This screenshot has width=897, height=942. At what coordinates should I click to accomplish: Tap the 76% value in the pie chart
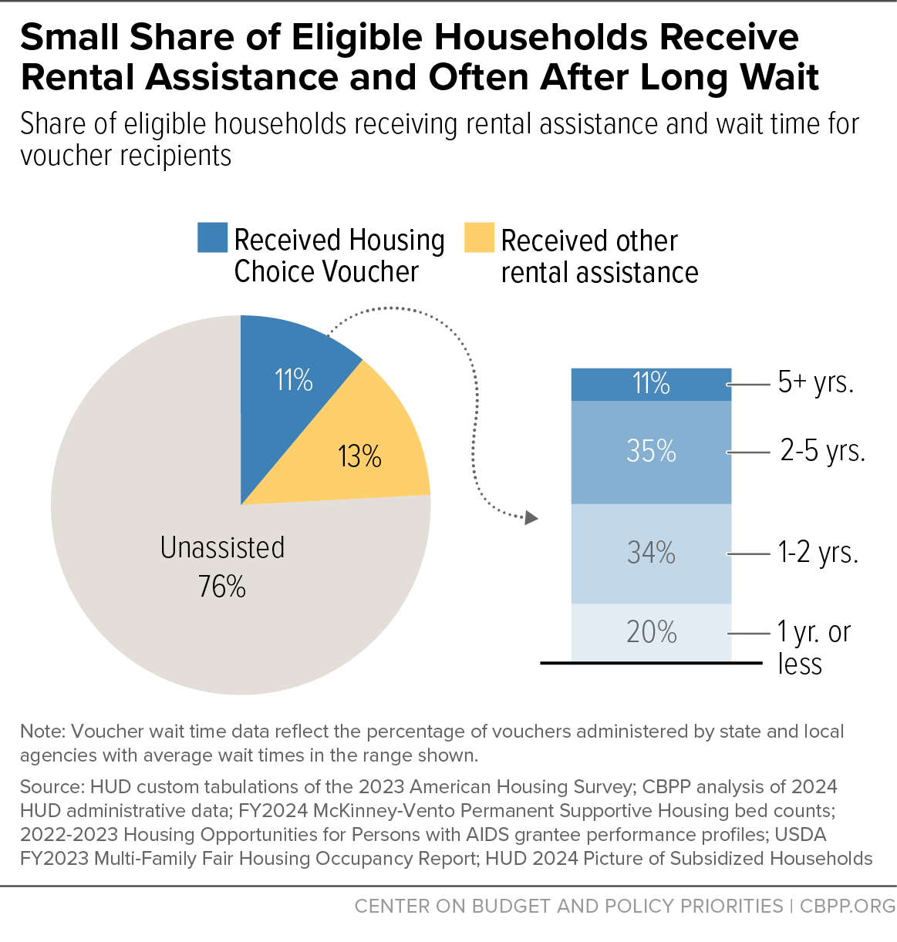[222, 587]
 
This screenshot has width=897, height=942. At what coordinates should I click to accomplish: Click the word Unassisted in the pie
[222, 547]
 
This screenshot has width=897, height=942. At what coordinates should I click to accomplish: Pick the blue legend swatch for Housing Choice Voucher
[212, 237]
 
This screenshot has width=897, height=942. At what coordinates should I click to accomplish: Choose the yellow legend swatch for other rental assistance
[480, 237]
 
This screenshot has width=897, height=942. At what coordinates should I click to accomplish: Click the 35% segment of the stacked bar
[651, 452]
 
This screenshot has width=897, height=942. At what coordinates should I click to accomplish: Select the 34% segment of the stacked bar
[651, 553]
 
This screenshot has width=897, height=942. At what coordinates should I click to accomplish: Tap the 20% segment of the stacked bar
[651, 632]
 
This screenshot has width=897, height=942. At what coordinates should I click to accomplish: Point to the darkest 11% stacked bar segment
[651, 384]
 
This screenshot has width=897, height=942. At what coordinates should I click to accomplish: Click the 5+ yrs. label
[816, 383]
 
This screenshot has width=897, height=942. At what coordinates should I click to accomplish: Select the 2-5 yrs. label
[823, 452]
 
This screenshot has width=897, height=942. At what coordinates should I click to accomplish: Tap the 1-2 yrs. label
[818, 553]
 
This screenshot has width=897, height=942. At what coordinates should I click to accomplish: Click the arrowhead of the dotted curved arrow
[531, 517]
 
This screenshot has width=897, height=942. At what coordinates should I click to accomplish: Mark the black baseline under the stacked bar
[651, 663]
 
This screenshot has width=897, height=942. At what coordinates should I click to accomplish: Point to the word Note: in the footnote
[42, 732]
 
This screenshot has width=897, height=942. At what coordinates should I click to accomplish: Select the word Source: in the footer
[52, 787]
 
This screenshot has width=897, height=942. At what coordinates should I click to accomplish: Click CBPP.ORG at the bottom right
[847, 907]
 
